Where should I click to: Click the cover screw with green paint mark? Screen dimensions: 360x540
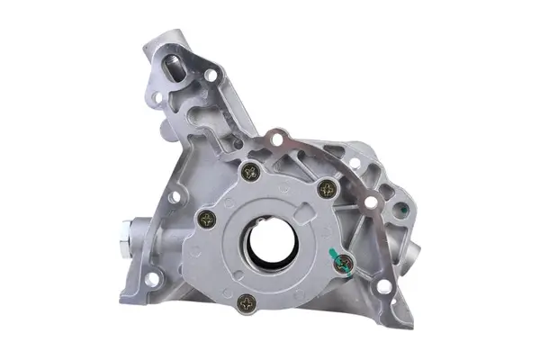pos(342,262)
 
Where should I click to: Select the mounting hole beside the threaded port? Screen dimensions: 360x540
pos(211,76)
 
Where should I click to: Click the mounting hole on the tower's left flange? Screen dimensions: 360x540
pos(157,96)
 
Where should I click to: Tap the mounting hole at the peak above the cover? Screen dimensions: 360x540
pos(277,139)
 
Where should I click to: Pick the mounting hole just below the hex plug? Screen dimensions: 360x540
pos(153,280)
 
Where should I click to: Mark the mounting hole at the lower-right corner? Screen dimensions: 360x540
pos(384,286)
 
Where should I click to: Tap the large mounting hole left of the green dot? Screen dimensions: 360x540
pos(371,202)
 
